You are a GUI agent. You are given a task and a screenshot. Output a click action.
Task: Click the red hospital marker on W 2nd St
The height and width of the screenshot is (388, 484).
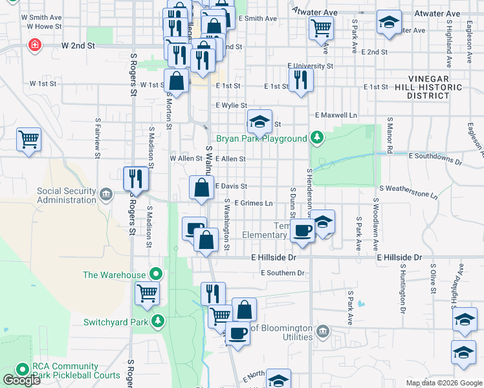point(33,45)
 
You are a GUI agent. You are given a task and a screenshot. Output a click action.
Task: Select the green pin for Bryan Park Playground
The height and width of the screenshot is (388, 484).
point(316,138)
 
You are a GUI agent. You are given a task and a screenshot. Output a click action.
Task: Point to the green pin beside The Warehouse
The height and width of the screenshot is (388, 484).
point(155,275)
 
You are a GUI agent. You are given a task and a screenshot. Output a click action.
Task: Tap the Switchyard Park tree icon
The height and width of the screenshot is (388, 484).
point(157,321)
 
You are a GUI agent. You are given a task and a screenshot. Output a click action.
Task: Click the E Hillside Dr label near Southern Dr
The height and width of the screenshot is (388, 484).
point(273,257)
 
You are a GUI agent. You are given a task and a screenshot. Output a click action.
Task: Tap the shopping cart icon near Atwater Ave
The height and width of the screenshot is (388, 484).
point(321,28)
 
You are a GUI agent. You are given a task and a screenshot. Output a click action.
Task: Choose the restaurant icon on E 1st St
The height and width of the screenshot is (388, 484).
point(300,79)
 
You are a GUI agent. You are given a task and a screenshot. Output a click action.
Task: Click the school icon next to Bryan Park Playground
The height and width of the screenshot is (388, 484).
point(259,120)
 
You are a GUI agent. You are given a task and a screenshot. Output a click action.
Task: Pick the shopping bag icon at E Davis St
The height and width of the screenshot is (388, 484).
point(202,188)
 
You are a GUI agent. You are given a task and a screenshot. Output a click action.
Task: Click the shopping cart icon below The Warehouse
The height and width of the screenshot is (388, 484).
point(147,293)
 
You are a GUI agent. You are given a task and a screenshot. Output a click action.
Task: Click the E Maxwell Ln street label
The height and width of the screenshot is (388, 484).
point(336,115)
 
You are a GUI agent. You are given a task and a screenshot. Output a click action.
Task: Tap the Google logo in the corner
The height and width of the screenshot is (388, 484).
point(21,380)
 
